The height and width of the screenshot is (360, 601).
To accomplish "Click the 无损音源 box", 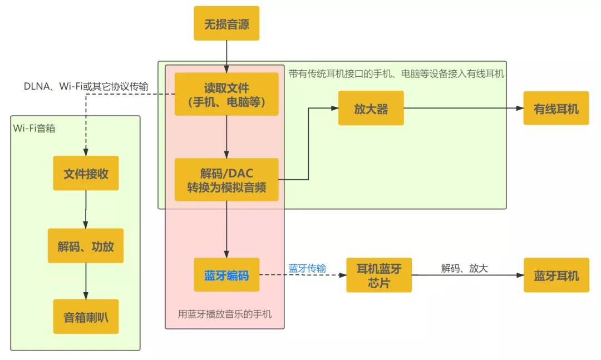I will coord(226,23).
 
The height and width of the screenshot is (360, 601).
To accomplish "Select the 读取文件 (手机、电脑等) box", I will coord(226,94).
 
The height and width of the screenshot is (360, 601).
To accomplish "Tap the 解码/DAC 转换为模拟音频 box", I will coord(226,180).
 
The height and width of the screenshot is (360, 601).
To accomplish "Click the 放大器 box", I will coord(371,108).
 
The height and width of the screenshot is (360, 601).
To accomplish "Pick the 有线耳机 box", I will coord(556,108).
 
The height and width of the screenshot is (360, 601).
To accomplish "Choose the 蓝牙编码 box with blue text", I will coord(226,275).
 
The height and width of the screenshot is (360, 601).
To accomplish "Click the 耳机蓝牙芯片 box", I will coord(378,275).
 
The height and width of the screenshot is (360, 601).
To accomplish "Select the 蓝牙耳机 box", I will coord(556,275).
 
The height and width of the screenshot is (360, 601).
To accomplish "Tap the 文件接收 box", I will coord(86,173).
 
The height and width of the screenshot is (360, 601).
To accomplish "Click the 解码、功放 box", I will coord(86,245).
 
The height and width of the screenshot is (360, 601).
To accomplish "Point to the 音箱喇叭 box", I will coord(86,317).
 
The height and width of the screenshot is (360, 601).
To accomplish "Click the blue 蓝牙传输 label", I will coord(307,269).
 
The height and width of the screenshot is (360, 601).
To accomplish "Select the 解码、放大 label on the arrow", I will coord(464,269).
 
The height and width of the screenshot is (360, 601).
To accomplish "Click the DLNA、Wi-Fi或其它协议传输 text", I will coord(86,85).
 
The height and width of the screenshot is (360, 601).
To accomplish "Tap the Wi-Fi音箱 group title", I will coord(34,128).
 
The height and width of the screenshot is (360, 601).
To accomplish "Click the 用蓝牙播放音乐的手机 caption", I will coord(225,314).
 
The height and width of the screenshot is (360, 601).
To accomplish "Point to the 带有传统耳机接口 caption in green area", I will coord(396,73).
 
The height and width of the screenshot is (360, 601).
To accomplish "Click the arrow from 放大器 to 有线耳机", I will coord(464,108).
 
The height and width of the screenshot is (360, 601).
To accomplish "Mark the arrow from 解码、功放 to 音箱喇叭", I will coord(86,281).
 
